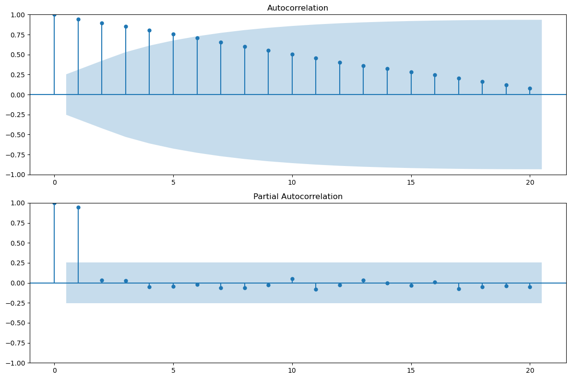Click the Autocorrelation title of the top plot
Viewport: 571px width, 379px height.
tap(297, 8)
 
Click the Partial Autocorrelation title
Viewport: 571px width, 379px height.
tap(297, 196)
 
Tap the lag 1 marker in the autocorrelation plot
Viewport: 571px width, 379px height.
tap(78, 19)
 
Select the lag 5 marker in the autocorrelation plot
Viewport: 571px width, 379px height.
tap(173, 34)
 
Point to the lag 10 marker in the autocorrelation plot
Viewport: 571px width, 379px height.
tap(292, 54)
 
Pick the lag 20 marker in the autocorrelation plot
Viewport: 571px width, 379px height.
tap(530, 88)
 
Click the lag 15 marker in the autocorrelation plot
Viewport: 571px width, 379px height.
tap(411, 72)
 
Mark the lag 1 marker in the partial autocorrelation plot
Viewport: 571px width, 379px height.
tap(78, 207)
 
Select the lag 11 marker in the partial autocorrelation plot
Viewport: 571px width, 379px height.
tap(316, 289)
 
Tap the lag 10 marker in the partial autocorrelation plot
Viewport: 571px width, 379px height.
tap(292, 279)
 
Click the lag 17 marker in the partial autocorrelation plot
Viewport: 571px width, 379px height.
tap(459, 289)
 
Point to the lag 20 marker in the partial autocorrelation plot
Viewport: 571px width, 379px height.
tap(530, 287)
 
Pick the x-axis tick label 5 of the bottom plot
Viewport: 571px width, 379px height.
tap(173, 371)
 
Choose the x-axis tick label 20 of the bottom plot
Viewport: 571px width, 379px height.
tap(530, 371)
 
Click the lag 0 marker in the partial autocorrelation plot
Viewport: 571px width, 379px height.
tap(54, 203)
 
